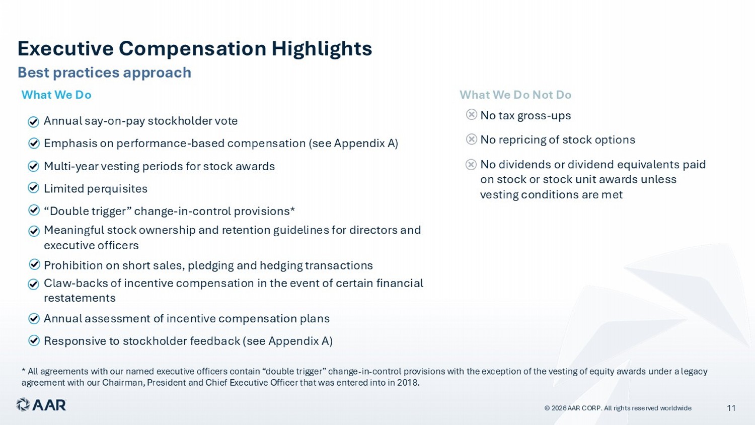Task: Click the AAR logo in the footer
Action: pyautogui.click(x=41, y=405)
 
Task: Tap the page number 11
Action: pyautogui.click(x=731, y=408)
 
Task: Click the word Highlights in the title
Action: pyautogui.click(x=322, y=48)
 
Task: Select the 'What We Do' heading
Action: pyautogui.click(x=56, y=95)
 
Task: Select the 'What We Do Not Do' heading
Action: pyautogui.click(x=515, y=95)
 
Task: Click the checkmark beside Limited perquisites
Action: pyautogui.click(x=33, y=188)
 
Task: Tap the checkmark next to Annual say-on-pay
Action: pyautogui.click(x=33, y=122)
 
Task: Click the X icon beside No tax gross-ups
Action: pyautogui.click(x=472, y=115)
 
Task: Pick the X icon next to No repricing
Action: pyautogui.click(x=472, y=139)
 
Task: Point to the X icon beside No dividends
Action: pyautogui.click(x=471, y=165)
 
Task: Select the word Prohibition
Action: pyautogui.click(x=73, y=265)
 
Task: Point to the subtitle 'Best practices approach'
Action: pyautogui.click(x=105, y=73)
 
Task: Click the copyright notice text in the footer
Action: pyautogui.click(x=618, y=408)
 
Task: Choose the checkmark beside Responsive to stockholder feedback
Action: pyautogui.click(x=34, y=340)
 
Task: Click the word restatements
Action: pyautogui.click(x=80, y=298)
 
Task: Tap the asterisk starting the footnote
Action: pyautogui.click(x=23, y=371)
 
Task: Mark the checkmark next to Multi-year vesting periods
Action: pyautogui.click(x=33, y=166)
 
